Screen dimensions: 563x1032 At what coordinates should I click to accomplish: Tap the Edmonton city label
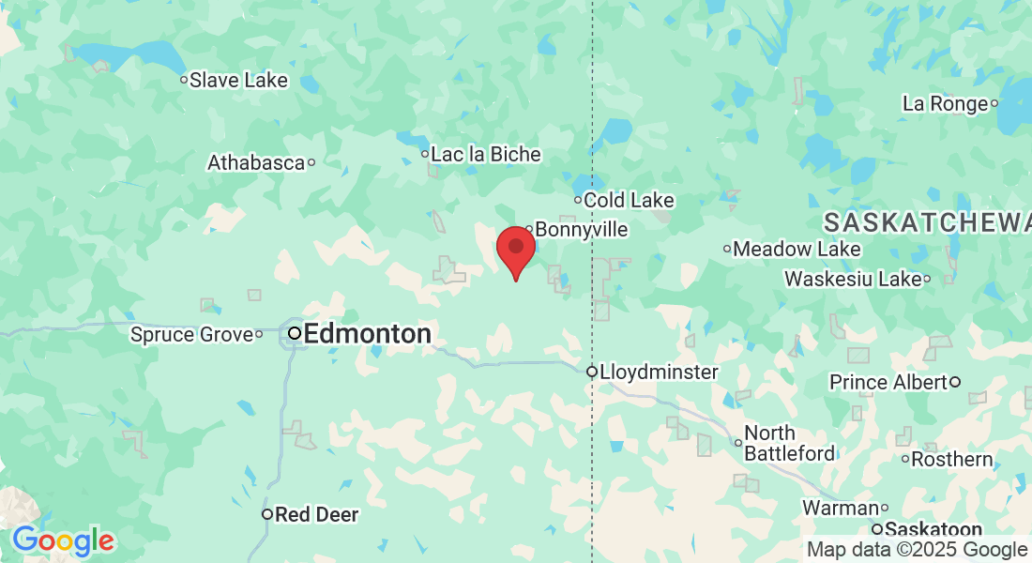tap(367, 333)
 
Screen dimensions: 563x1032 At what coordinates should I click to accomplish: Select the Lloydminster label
tap(660, 372)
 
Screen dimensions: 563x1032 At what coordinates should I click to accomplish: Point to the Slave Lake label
tap(238, 80)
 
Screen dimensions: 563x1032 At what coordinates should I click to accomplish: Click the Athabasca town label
tap(256, 162)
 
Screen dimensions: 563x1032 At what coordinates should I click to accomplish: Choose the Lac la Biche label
tap(486, 154)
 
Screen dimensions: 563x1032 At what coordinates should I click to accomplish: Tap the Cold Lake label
tap(629, 200)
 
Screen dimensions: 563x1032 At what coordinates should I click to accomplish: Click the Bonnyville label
tap(582, 230)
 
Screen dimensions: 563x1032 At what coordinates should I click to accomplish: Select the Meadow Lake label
tap(797, 249)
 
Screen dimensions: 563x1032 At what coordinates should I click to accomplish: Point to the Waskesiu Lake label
tap(853, 279)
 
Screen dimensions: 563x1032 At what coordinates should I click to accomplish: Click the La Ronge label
tap(946, 103)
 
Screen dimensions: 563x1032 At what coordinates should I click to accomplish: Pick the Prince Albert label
tap(888, 382)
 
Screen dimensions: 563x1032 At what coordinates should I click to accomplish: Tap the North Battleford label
tap(789, 443)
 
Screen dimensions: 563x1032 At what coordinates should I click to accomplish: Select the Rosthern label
tap(952, 459)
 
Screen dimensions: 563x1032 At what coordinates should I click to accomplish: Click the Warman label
tap(840, 508)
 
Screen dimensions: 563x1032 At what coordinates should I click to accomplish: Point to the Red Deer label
tap(317, 514)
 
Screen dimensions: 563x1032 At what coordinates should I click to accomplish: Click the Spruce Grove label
tap(191, 334)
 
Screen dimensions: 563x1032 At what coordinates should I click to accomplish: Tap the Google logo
tap(63, 540)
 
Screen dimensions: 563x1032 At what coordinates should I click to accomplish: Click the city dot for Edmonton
tap(295, 332)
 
